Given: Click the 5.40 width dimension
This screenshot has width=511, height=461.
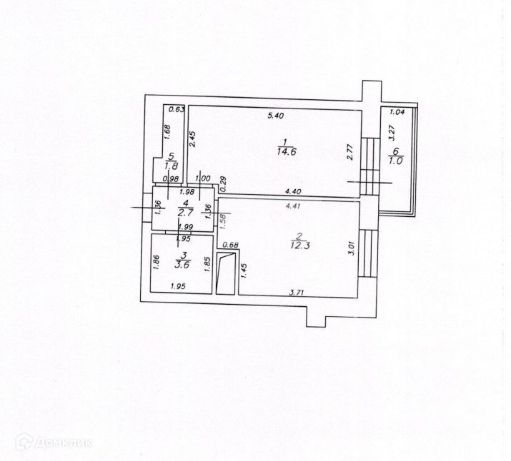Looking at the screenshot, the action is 276,115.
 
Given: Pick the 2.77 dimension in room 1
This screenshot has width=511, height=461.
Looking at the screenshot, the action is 349,152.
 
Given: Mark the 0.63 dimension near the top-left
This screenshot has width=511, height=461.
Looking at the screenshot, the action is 177,109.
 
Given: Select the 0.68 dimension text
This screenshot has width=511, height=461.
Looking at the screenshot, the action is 230,245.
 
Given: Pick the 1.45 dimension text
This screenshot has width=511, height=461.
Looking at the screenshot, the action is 244,270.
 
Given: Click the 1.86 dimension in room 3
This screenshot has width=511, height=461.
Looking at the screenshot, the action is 155,263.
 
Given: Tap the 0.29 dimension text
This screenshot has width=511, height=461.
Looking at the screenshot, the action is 222,184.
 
